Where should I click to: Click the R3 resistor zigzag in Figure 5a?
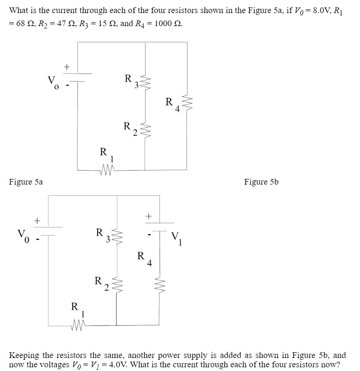[145, 83]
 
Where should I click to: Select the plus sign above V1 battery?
[149, 216]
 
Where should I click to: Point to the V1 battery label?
[178, 239]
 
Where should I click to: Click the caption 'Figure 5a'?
[26, 182]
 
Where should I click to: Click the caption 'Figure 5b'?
[261, 182]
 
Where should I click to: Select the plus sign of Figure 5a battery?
[67, 67]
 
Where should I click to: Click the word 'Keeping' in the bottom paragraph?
[24, 355]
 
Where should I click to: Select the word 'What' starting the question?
[19, 10]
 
